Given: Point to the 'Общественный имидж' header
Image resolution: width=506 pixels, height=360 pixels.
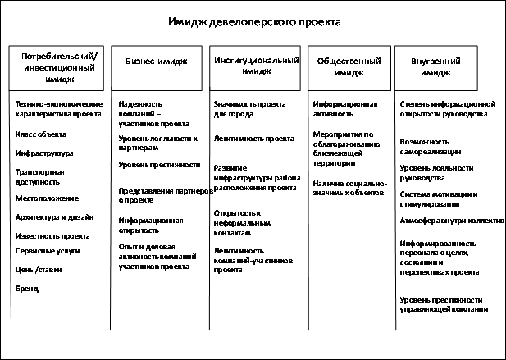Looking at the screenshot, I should [345, 66].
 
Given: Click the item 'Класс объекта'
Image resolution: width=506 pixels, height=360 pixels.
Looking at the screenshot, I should [41, 134].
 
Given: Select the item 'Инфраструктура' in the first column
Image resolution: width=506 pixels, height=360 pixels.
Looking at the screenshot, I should [45, 153].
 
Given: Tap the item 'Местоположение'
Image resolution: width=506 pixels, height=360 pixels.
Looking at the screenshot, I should [48, 198].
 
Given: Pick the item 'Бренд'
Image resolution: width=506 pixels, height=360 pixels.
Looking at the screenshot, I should [27, 289].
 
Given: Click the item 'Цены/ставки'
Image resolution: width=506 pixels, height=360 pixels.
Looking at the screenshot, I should [39, 269].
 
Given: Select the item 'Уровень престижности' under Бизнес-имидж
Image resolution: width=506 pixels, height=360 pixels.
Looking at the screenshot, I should [159, 165].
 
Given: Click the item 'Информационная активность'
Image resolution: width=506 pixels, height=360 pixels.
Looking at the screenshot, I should [345, 110].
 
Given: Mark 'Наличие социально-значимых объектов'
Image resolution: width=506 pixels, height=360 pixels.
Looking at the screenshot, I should [349, 189].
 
